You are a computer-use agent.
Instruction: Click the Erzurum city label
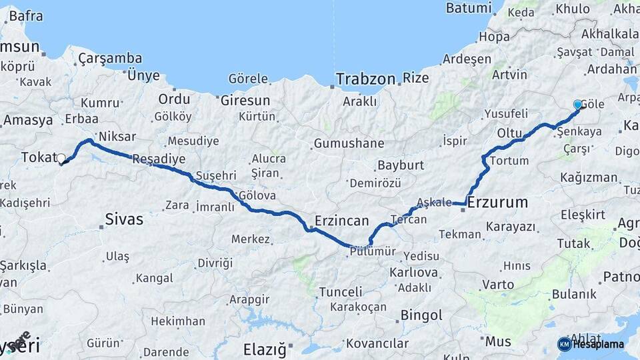pyautogui.click(x=497, y=202)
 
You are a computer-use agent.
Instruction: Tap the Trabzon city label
pyautogui.click(x=365, y=79)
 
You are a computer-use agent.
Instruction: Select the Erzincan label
pyautogui.click(x=342, y=220)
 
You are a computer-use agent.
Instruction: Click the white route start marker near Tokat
pyautogui.click(x=61, y=159)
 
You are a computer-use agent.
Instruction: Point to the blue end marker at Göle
pyautogui.click(x=577, y=105)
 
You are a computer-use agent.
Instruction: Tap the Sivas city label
pyautogui.click(x=124, y=219)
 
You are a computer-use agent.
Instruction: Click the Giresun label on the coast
pyautogui.click(x=245, y=101)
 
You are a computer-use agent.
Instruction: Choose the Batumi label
pyautogui.click(x=468, y=8)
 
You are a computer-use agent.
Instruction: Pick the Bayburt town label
pyautogui.click(x=400, y=165)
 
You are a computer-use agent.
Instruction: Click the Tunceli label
pyautogui.click(x=340, y=292)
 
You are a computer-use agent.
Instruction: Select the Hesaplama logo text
pyautogui.click(x=599, y=344)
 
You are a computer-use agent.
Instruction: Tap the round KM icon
pyautogui.click(x=564, y=344)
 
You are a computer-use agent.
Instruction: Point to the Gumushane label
pyautogui.click(x=349, y=143)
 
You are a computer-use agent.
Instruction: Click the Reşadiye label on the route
pyautogui.click(x=159, y=159)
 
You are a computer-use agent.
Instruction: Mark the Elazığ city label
pyautogui.click(x=265, y=349)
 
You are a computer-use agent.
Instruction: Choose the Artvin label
pyautogui.click(x=509, y=75)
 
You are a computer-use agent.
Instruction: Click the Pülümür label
pyautogui.click(x=372, y=251)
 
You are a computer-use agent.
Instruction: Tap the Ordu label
pyautogui.click(x=174, y=99)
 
